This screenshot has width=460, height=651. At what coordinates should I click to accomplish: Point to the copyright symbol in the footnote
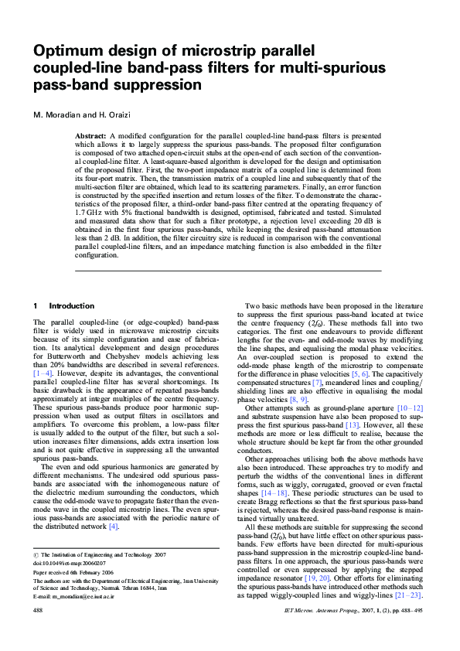point(36,555)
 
